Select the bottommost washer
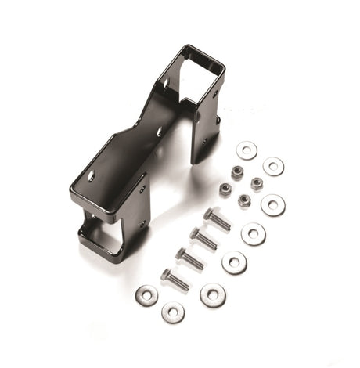tap(173, 312)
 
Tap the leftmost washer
tap(146, 294)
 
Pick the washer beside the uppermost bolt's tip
tap(253, 233)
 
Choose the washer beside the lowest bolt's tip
tap(212, 294)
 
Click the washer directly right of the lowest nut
tap(273, 205)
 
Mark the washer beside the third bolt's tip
tap(234, 262)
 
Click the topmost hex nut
tap(237, 172)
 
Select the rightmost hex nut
tap(257, 184)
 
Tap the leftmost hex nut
tap(225, 189)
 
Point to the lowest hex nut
tap(244, 200)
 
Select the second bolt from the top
tap(203, 238)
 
